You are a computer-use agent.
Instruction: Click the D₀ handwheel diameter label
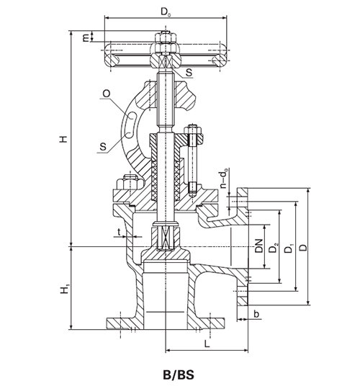pos(166,12)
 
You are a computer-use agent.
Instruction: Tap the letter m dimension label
pos(86,37)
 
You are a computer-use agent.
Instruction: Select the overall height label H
pos(63,139)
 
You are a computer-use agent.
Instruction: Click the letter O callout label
pos(107,94)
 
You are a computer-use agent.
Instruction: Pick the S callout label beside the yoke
pos(103,147)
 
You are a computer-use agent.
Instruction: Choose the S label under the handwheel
pos(189,72)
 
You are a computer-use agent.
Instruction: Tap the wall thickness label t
pos(119,231)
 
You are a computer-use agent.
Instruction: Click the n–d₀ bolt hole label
pos(224,178)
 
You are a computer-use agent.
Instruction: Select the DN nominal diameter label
pos(259,246)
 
